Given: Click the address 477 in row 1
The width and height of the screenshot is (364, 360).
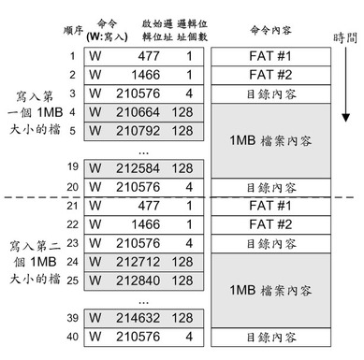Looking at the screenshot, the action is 149,56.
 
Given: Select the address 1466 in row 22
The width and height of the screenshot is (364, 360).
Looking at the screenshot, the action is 146,224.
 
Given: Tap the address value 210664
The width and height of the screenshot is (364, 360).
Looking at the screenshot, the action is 138,112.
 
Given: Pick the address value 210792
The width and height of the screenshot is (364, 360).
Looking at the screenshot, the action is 138,131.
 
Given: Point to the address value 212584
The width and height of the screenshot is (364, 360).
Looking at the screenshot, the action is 138,168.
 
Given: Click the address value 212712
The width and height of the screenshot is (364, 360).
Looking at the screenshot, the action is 138,262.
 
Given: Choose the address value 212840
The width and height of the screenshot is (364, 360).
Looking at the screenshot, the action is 138,281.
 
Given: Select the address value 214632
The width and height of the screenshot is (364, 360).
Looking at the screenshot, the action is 138,318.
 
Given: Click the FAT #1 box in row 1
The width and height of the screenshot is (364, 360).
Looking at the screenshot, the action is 270,56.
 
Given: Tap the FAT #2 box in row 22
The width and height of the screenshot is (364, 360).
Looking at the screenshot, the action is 270,224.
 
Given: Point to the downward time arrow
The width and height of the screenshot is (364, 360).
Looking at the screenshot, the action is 345,84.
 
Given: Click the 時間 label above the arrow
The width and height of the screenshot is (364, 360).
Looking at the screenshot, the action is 345,38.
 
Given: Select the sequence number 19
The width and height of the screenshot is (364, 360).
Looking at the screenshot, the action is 73,166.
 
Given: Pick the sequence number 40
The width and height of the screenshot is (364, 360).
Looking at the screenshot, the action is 72,337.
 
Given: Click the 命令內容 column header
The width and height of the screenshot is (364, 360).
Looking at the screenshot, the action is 270,30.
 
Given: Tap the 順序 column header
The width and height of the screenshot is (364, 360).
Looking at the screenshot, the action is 73,30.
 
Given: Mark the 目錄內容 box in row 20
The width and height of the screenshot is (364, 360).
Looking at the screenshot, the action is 270,187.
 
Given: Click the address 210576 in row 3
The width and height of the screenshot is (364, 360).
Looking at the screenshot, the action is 138,94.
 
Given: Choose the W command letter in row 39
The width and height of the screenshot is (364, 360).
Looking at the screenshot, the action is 95,318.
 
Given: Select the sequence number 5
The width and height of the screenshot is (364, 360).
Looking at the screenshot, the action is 72,131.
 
